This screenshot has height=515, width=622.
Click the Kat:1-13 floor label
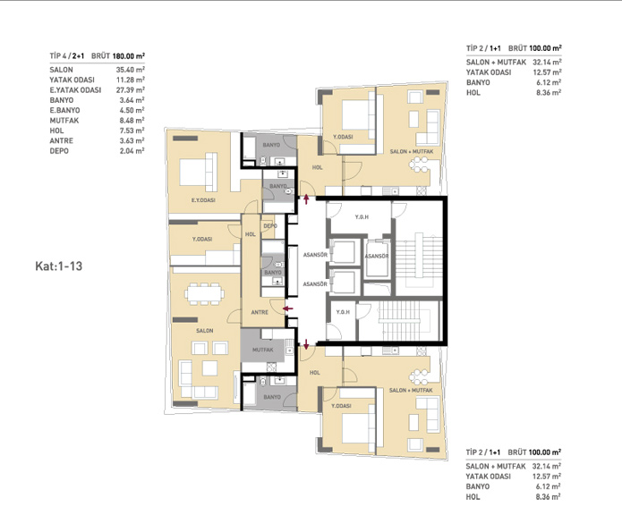[x=59, y=266]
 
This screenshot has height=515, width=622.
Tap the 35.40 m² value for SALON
[x=130, y=70]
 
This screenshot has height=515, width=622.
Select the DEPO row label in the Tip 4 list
[x=59, y=151]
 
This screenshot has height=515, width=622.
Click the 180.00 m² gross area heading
[x=129, y=55]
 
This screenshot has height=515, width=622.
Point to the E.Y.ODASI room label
[x=203, y=200]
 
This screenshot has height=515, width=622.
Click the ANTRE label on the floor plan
[x=260, y=312]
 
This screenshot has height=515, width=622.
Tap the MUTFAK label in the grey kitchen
[x=262, y=350]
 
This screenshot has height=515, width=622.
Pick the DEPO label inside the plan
[x=270, y=226]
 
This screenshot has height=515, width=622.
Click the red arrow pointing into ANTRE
[x=288, y=308]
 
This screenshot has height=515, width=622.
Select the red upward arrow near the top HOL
[x=306, y=198]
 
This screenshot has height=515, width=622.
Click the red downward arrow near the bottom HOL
[x=306, y=344]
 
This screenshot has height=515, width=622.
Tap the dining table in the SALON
[x=204, y=293]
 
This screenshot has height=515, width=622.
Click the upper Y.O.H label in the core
[x=362, y=217]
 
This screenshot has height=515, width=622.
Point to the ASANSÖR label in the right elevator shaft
[x=377, y=257]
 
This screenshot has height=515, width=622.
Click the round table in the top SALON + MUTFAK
[x=420, y=165]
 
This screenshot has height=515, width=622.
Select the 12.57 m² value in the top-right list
[x=547, y=72]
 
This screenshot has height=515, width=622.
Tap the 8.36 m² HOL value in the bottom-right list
[x=548, y=497]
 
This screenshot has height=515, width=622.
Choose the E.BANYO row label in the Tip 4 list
[x=64, y=110]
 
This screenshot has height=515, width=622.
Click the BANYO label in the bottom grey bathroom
[x=272, y=397]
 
